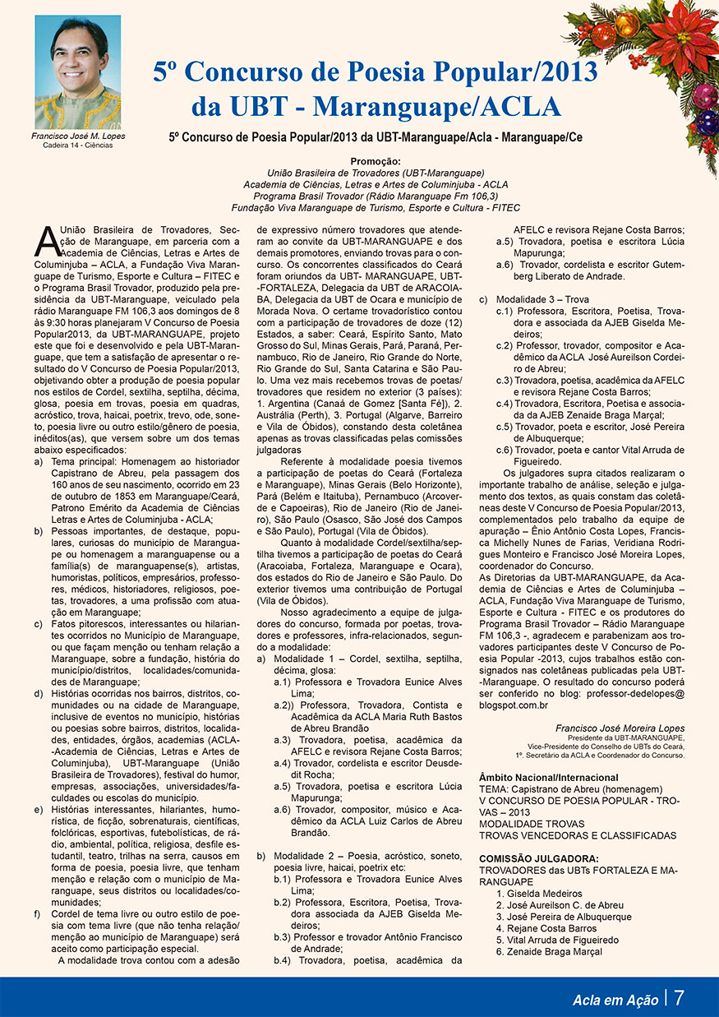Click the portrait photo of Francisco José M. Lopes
(77, 72)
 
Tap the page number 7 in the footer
(680, 998)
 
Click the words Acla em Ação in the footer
(615, 1000)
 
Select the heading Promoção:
(375, 162)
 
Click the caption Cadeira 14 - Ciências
(78, 146)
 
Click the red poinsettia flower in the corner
(681, 37)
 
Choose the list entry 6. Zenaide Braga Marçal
(548, 952)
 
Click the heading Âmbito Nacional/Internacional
(548, 778)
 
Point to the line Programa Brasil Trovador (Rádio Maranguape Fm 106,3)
(376, 196)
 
